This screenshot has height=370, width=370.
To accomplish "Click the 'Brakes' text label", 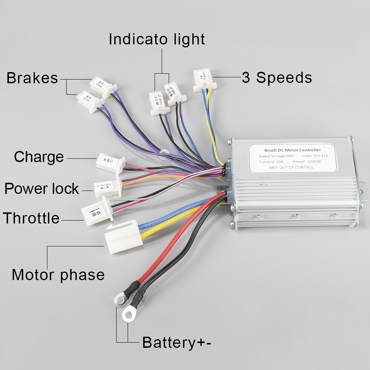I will coord(32,78).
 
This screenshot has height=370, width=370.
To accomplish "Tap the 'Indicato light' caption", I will coord(157,39).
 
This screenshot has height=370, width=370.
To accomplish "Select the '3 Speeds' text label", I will coord(277,78).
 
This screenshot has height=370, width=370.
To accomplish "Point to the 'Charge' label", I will coord(39,157).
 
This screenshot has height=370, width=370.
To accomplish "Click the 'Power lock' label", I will coord(41,189).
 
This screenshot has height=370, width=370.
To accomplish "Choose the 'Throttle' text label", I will coord(31,218).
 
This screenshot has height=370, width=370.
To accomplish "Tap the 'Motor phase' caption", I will coord(58,275).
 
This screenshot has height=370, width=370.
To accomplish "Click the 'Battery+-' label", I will coord(177,342).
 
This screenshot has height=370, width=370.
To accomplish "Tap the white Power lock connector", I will coord(107,187).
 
